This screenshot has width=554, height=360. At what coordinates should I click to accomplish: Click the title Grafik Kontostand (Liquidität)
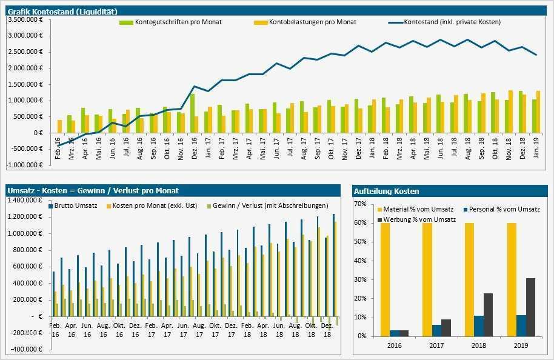click(62, 12)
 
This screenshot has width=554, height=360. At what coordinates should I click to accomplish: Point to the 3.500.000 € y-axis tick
click(26, 19)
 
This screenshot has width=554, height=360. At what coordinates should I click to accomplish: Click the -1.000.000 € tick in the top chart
click(25, 165)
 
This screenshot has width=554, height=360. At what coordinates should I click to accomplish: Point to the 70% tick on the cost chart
click(358, 204)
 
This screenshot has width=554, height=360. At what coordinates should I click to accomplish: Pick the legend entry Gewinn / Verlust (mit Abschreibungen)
click(270, 205)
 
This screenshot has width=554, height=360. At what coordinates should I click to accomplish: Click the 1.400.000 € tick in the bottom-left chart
click(26, 200)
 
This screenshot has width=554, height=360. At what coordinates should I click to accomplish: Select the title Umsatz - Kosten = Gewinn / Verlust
click(93, 190)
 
